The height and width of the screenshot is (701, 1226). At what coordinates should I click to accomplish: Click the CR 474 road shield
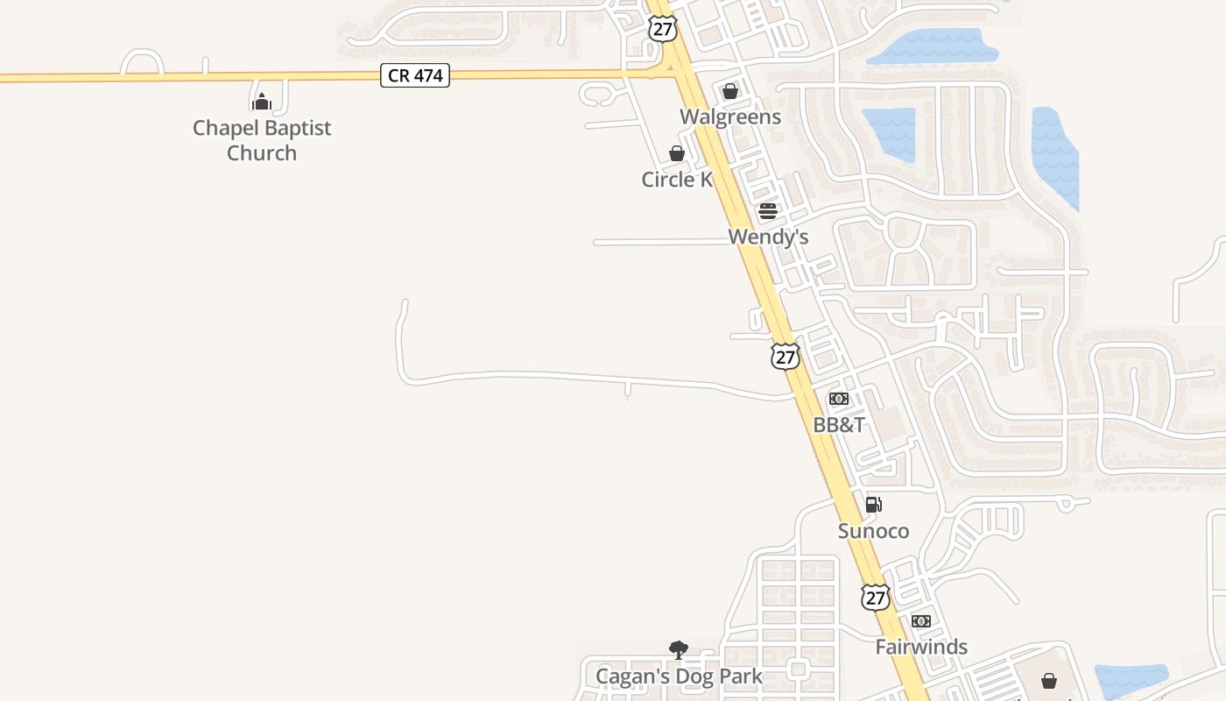(x=415, y=76)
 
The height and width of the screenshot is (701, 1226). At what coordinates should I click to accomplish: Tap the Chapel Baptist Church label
(x=262, y=140)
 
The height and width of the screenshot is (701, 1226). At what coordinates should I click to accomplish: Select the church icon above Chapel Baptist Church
(x=262, y=102)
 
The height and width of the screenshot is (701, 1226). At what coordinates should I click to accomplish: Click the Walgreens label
(x=730, y=117)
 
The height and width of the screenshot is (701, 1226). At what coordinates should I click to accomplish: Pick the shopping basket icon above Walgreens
(x=730, y=91)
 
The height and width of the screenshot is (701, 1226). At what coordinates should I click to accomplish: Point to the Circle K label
(x=677, y=180)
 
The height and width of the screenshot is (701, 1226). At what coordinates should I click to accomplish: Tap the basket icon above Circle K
(x=677, y=154)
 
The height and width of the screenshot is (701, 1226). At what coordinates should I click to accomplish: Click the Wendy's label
(x=768, y=237)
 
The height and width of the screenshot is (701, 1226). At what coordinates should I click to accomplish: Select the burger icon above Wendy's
(x=768, y=211)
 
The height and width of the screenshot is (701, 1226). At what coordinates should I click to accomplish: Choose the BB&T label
(x=839, y=425)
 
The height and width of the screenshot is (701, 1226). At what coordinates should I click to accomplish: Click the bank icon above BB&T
(x=839, y=400)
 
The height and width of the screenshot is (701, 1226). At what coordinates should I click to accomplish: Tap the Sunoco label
(x=873, y=531)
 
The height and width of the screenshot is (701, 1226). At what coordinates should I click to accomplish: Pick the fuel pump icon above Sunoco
(x=873, y=505)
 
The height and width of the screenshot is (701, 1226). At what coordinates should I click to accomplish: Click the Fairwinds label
(x=921, y=647)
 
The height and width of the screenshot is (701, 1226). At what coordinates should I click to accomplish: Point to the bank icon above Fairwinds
(x=921, y=621)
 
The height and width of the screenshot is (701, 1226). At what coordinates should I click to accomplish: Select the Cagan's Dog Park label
(x=679, y=676)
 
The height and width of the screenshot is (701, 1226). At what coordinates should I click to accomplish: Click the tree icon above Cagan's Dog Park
(x=679, y=650)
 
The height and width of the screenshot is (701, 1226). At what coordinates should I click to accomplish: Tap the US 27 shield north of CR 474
(x=663, y=28)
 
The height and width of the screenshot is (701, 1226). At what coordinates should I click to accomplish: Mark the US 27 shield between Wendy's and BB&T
(x=786, y=357)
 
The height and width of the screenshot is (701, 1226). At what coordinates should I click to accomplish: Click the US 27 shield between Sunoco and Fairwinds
(x=875, y=598)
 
